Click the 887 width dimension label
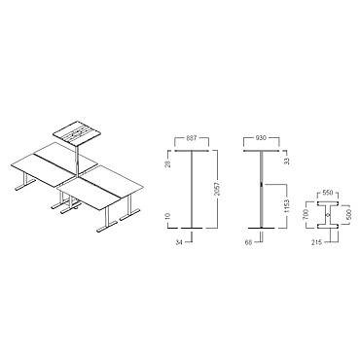192,138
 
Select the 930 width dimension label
261,138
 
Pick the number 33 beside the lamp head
286,161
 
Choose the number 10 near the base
168,216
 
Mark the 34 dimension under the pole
180,242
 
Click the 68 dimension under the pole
249,242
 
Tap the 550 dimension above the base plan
329,193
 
